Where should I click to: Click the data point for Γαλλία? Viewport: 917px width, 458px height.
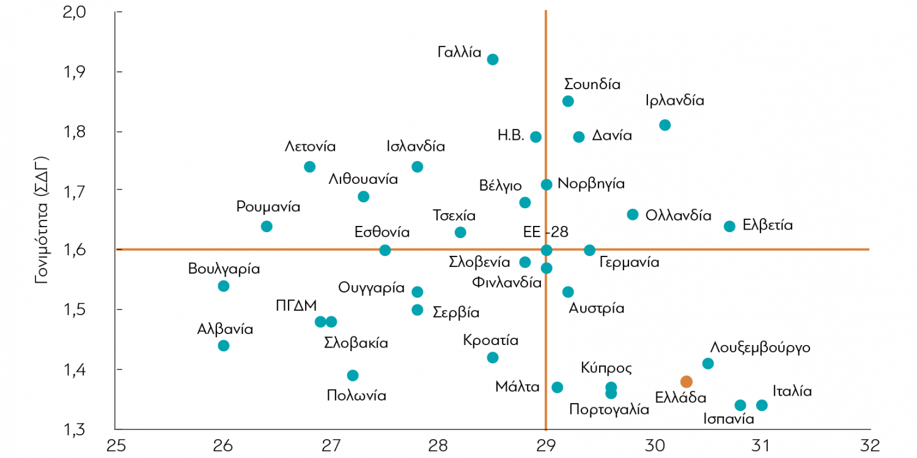coord(493,59)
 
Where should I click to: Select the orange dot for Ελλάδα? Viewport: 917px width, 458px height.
coord(687,382)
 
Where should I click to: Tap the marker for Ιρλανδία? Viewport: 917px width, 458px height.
coord(665,125)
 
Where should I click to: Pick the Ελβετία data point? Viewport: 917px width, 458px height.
coord(729,226)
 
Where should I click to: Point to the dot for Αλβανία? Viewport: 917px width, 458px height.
coord(224,346)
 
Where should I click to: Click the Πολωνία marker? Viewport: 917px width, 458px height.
coord(353,376)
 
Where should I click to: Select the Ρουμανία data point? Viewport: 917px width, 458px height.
coord(267,227)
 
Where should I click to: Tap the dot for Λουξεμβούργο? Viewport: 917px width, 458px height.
coord(708,364)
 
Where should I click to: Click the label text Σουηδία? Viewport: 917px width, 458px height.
coord(592,84)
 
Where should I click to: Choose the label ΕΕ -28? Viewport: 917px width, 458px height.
coord(546,233)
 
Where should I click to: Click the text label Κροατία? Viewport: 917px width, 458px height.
coord(490,340)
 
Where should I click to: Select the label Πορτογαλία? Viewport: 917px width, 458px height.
coord(609,409)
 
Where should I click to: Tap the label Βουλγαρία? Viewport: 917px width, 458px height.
coord(224,269)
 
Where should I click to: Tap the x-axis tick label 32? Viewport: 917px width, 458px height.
coord(869,443)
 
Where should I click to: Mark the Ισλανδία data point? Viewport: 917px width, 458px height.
coord(418,167)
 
